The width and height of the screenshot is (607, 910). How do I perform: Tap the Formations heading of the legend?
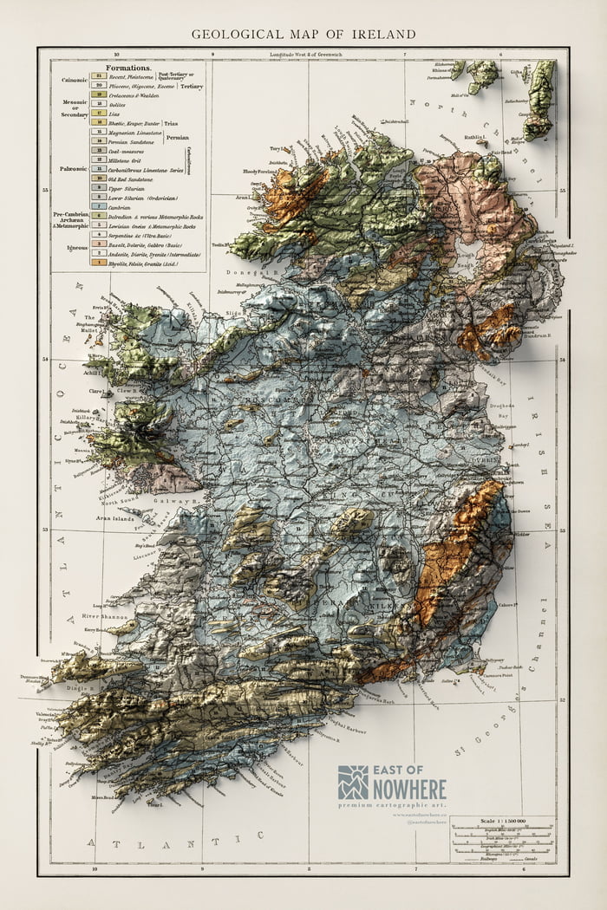pyautogui.click(x=128, y=67)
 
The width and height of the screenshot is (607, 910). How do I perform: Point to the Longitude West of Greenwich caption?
pyautogui.click(x=307, y=54)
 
